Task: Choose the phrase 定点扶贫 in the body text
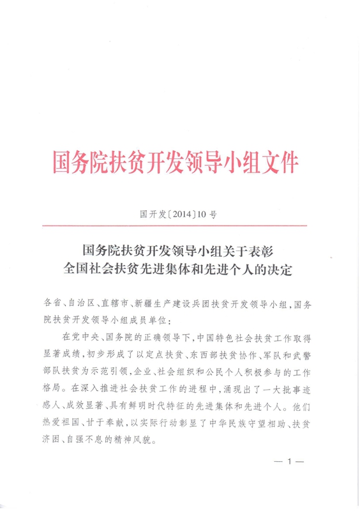[181, 351]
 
